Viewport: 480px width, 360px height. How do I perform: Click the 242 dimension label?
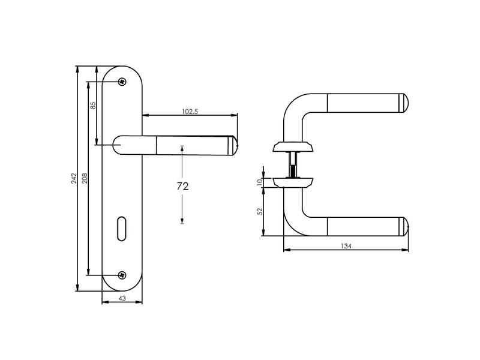click(74, 178)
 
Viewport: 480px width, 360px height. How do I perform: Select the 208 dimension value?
click(85, 178)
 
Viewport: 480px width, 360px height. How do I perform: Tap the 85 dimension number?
click(94, 106)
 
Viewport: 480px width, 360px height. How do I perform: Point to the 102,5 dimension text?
click(190, 112)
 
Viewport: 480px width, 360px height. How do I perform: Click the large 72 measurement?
click(182, 186)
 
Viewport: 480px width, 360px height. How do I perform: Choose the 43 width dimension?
click(122, 298)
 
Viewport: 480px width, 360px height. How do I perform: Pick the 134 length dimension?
click(346, 246)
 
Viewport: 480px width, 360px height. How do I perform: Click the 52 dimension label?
click(260, 212)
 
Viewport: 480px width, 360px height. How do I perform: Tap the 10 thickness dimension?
click(260, 182)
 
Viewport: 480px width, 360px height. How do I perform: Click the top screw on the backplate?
click(122, 82)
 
